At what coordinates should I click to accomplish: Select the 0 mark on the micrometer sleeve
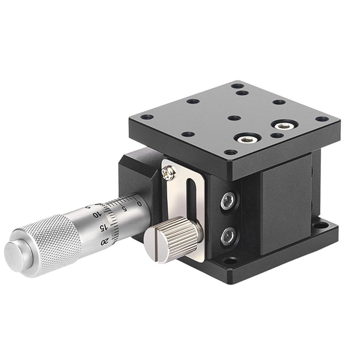click(x=139, y=203)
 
